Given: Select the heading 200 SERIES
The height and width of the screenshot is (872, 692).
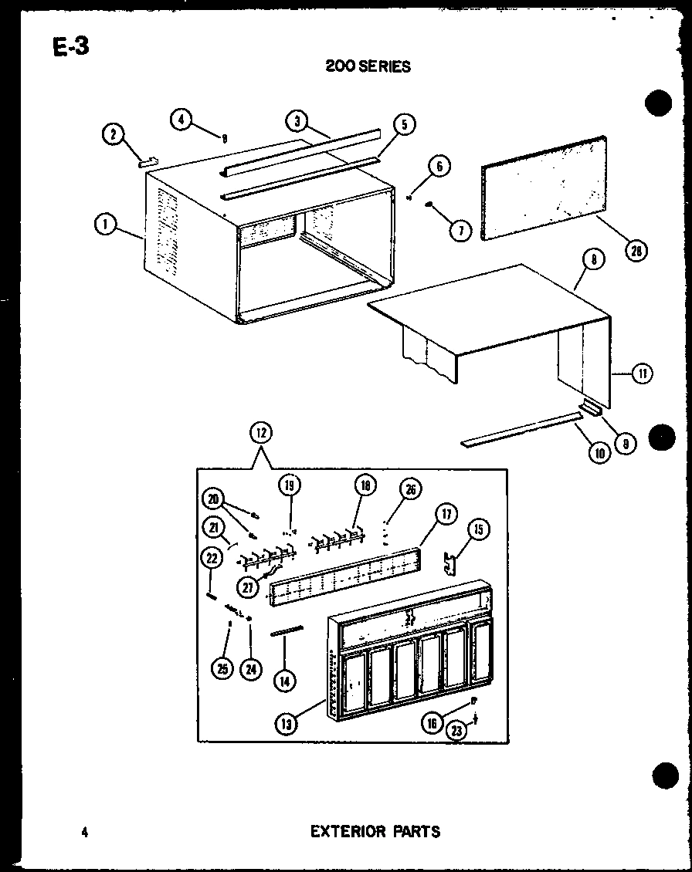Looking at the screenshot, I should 368,66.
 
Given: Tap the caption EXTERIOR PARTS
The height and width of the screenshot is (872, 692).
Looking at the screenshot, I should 375,831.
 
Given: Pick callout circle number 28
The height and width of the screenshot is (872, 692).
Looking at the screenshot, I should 637,250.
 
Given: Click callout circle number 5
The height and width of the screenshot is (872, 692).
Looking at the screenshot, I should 404,124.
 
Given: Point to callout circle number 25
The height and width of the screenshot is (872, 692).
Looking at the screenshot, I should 222,669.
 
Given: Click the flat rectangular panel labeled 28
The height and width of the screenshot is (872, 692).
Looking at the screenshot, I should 543,188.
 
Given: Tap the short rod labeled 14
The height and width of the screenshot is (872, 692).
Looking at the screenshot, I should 287,631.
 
